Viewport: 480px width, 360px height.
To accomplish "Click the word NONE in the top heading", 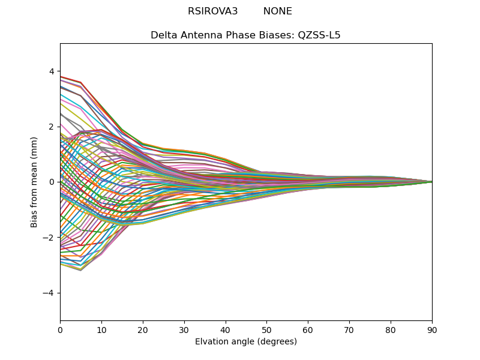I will tap(277, 11).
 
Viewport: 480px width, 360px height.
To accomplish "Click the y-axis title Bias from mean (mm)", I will tap(34, 182).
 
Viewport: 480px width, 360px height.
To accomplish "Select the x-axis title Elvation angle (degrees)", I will tap(246, 342).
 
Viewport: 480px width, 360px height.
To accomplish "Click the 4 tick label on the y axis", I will tap(52, 71).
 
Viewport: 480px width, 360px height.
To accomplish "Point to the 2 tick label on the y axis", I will tap(52, 127).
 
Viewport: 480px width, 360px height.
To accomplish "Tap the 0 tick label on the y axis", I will tap(52, 182).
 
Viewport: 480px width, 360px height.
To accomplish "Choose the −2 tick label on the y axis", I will tap(49, 238).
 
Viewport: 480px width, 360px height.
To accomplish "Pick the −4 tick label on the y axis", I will tap(49, 293).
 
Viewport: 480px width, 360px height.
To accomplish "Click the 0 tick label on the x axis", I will tap(60, 329).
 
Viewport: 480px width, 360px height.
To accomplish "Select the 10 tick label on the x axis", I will tap(101, 329).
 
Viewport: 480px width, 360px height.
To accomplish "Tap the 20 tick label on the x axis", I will tap(143, 329).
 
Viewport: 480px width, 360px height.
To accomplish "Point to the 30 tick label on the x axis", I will tap(184, 329).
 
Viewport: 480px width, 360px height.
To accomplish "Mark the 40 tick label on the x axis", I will tap(226, 329).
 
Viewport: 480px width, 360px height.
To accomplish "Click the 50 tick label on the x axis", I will tap(266, 329).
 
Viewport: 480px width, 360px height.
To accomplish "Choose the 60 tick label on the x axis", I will tap(308, 329).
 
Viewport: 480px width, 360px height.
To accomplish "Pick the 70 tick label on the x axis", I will tap(349, 329).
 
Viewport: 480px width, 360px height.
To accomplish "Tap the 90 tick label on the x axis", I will tap(432, 329).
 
